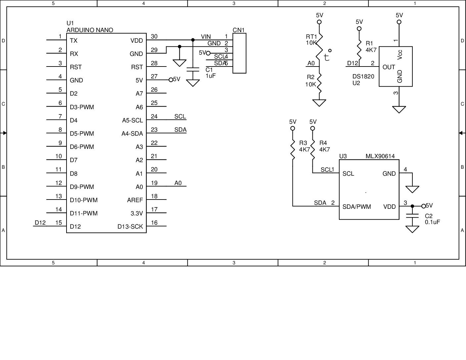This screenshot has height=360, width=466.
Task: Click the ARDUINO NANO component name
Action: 90,30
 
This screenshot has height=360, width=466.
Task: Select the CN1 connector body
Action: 239,53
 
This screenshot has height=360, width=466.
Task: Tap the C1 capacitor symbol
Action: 193,69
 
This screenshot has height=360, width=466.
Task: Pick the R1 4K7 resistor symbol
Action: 359,49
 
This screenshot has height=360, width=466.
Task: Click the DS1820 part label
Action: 363,76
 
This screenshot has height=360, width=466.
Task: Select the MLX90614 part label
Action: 380,156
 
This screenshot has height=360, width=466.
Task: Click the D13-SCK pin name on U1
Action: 130,227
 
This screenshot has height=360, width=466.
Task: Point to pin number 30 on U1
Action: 154,36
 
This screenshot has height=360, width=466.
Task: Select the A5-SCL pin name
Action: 132,120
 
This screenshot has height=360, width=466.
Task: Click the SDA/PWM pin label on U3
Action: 356,207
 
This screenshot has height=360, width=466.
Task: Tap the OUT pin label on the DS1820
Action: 389,67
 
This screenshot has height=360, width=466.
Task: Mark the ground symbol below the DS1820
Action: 399,109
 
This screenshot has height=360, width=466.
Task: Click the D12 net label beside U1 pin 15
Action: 40,223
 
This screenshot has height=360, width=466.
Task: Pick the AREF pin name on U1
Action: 135,200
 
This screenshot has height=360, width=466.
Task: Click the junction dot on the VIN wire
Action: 193,40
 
